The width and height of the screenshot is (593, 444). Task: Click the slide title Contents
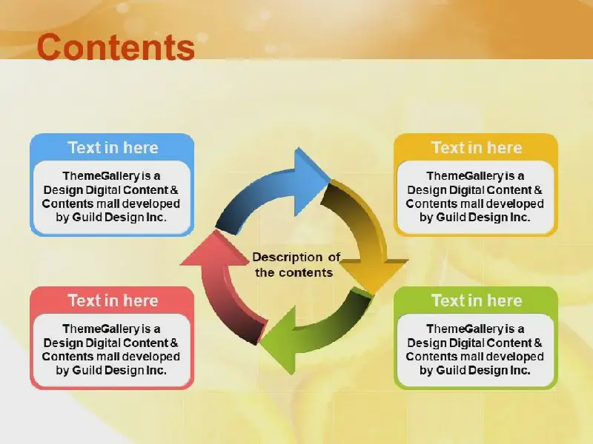click(116, 47)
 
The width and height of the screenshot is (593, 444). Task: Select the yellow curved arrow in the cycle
click(363, 234)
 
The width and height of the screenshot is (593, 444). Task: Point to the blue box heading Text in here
click(113, 147)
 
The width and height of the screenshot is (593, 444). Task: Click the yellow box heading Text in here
click(477, 147)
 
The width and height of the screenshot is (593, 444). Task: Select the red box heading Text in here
click(113, 300)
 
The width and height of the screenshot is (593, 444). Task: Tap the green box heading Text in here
click(477, 300)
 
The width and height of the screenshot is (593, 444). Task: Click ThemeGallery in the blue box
click(102, 176)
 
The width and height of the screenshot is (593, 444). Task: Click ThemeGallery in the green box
click(466, 329)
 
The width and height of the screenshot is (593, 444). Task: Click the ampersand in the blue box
click(174, 190)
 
